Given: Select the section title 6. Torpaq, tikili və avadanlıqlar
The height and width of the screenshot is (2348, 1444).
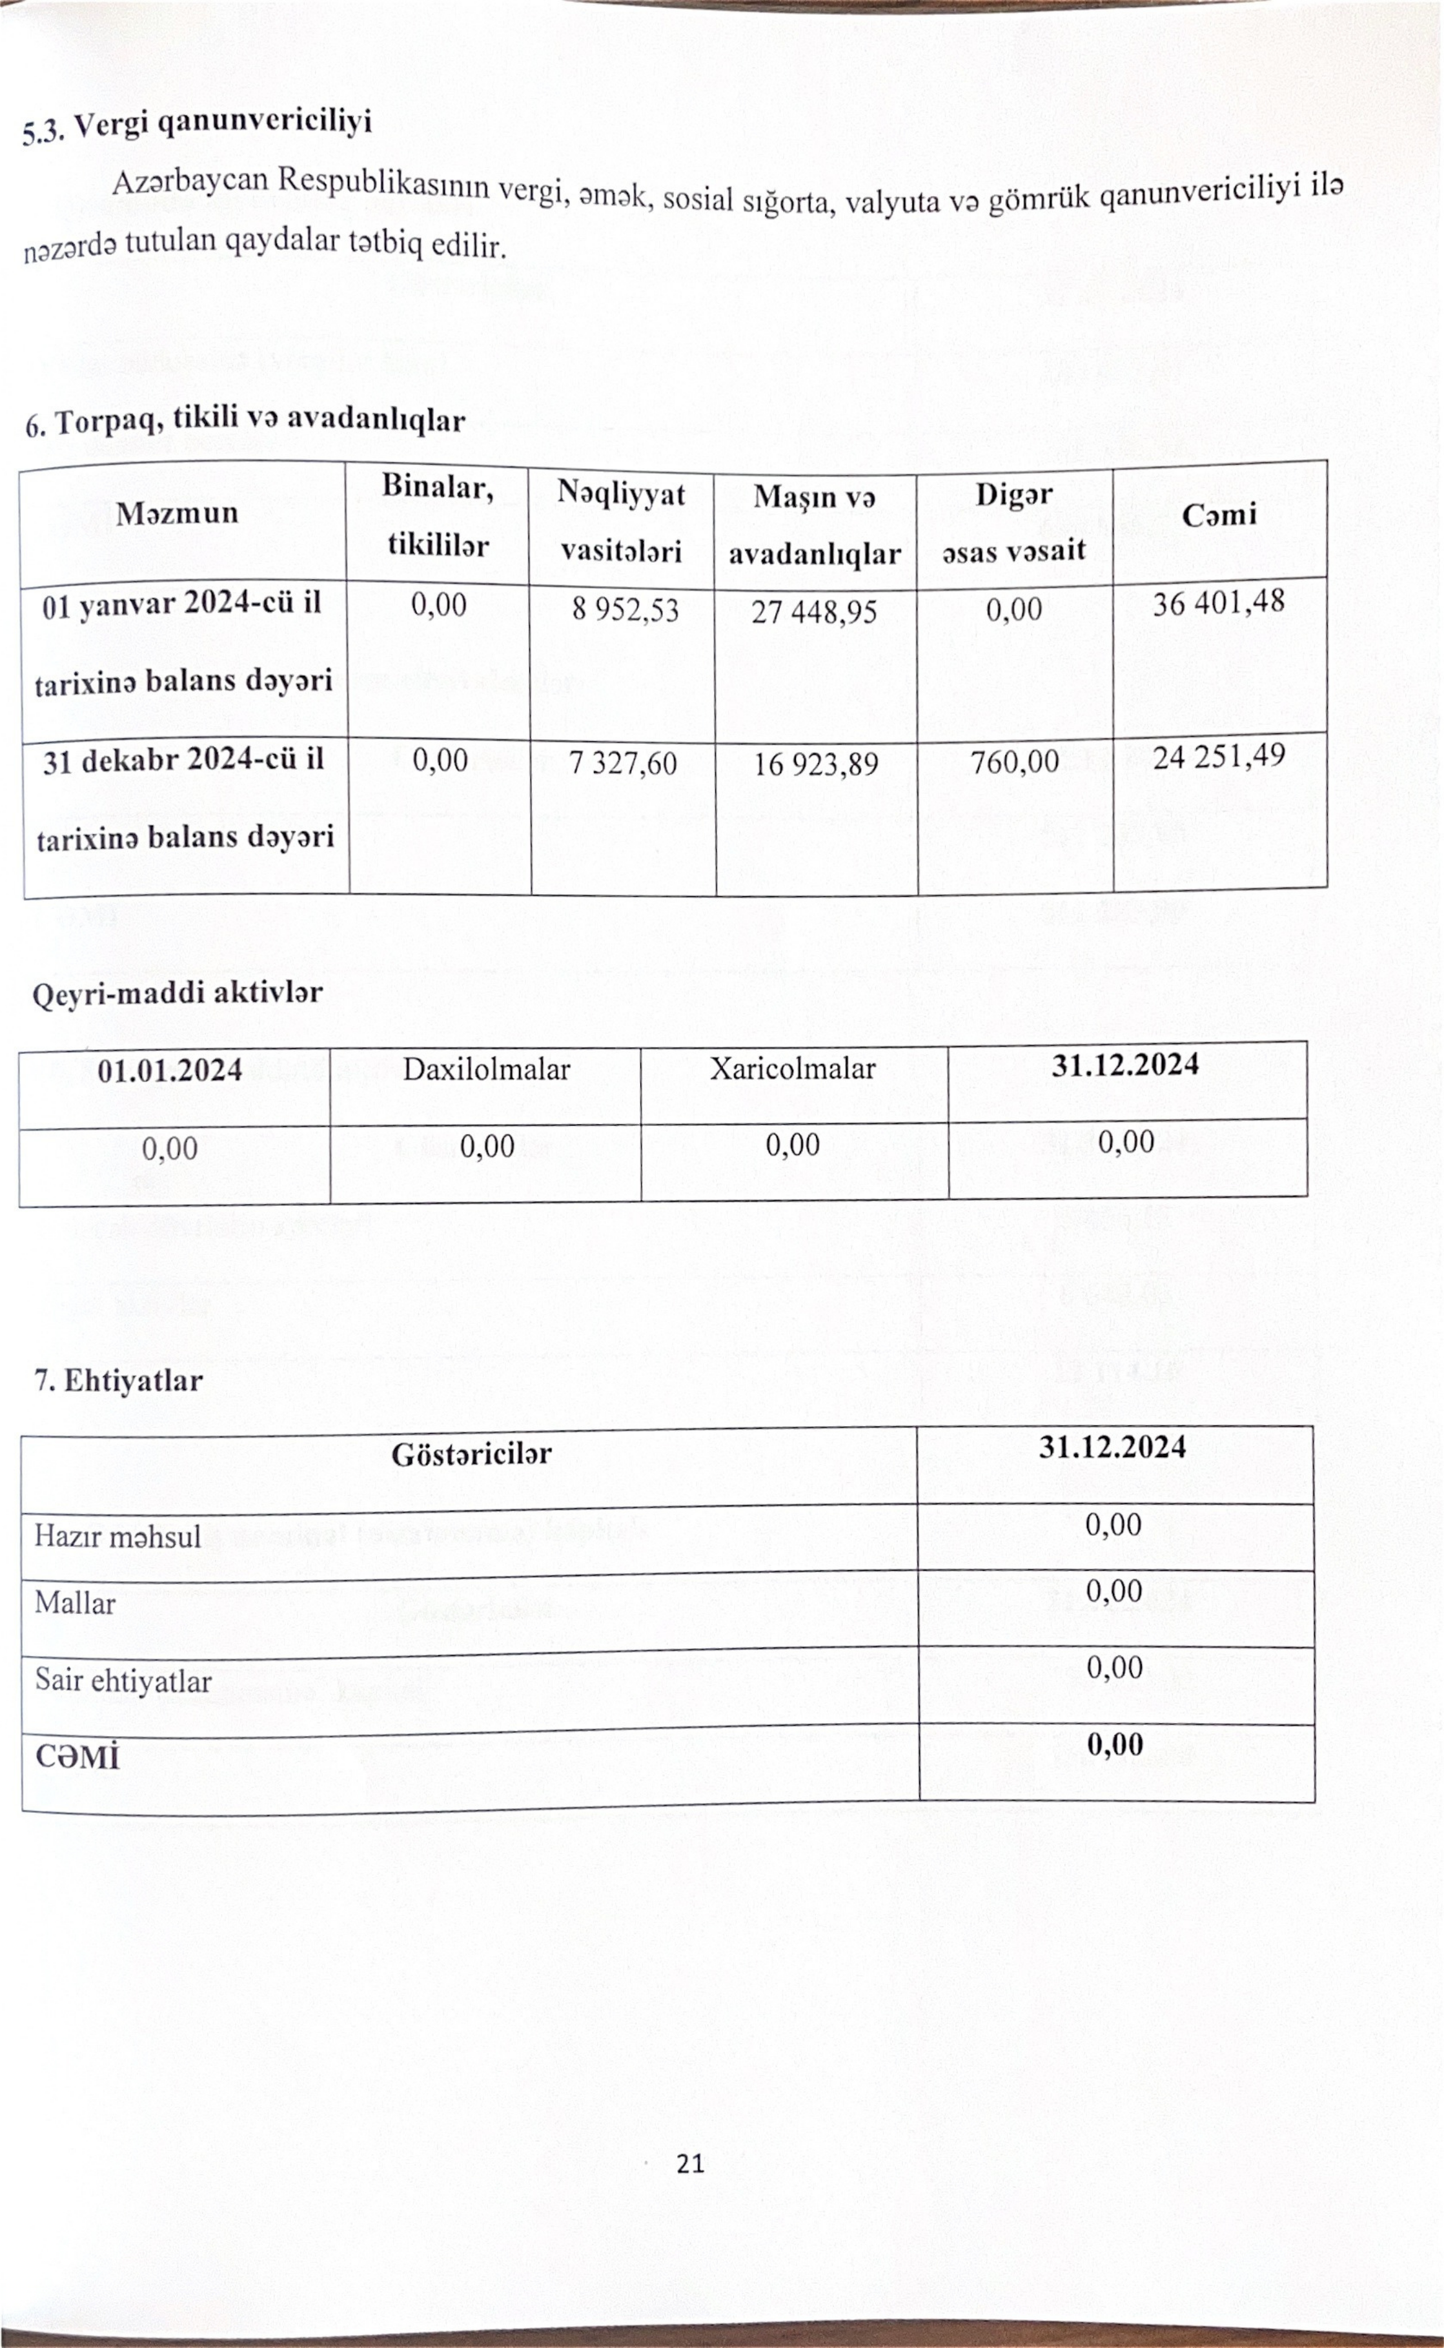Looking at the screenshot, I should [245, 420].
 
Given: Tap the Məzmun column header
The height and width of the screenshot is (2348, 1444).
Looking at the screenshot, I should [177, 514].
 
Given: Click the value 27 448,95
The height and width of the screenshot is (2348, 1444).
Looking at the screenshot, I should [814, 611].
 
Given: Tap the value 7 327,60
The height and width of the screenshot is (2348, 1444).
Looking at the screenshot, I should [623, 763].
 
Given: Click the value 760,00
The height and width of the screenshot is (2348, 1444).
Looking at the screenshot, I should [1014, 762].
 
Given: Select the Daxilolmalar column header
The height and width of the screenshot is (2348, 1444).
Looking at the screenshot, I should [486, 1070].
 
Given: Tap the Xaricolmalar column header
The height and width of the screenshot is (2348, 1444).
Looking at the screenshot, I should [792, 1068].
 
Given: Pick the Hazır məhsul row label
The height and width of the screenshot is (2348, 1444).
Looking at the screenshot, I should [117, 1536].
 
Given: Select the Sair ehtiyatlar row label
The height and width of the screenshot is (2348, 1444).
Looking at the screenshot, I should [123, 1680].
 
